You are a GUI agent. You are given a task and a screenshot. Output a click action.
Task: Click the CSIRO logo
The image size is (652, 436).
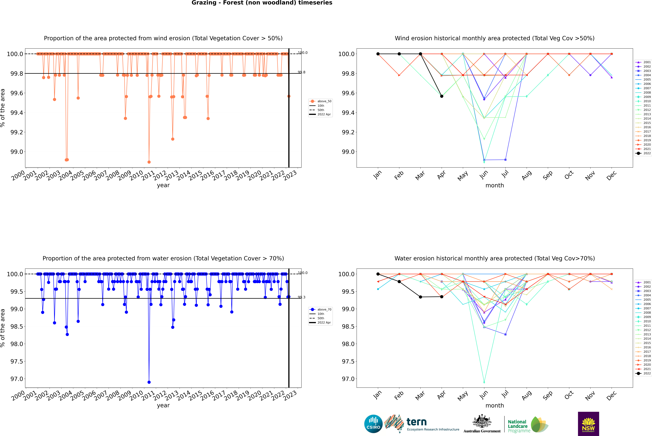(373, 424)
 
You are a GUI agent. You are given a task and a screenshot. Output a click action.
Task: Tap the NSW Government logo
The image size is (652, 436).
(588, 424)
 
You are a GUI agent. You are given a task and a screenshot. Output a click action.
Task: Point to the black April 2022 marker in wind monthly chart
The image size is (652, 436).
(442, 96)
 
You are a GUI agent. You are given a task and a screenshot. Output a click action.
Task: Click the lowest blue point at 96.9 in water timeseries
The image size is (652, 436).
(149, 382)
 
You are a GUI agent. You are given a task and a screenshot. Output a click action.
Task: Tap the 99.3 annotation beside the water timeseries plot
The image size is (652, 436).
(302, 297)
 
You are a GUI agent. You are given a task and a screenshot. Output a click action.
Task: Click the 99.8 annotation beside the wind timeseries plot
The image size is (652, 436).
(302, 72)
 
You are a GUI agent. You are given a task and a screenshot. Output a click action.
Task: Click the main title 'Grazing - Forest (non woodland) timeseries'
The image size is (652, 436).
(262, 3)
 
